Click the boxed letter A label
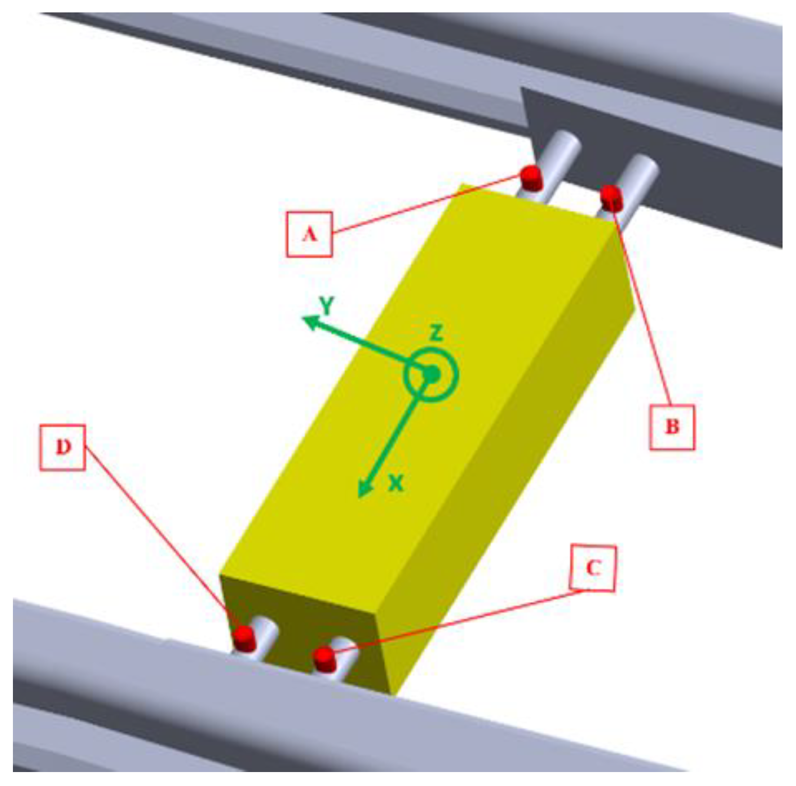click(x=309, y=234)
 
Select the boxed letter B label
click(x=672, y=427)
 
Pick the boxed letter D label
click(x=63, y=447)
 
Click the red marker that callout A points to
click(x=530, y=178)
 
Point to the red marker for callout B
click(x=611, y=197)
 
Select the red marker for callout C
click(x=324, y=659)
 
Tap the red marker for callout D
click(x=243, y=637)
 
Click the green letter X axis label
click(x=396, y=484)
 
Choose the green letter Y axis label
click(x=327, y=305)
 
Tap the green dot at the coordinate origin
click(x=431, y=375)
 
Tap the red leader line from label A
click(x=424, y=205)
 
